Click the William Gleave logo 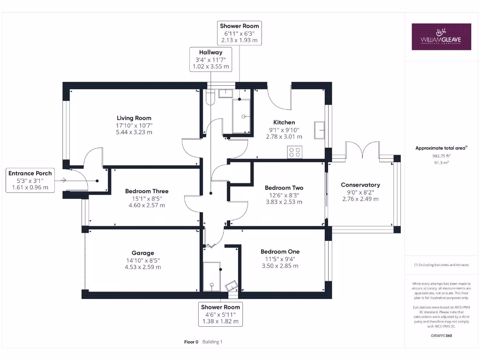[x=441, y=37]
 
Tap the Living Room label [x=134, y=118]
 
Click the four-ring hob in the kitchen [x=295, y=152]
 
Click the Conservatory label [x=360, y=185]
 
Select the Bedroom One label [x=280, y=252]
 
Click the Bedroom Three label [x=147, y=191]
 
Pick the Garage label [x=142, y=253]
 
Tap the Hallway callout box [x=210, y=60]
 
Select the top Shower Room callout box [x=239, y=33]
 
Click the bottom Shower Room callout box [x=220, y=314]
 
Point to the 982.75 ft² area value [x=441, y=156]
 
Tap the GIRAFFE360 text [x=441, y=336]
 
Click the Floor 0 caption [x=191, y=342]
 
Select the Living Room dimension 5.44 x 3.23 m [x=134, y=132]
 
